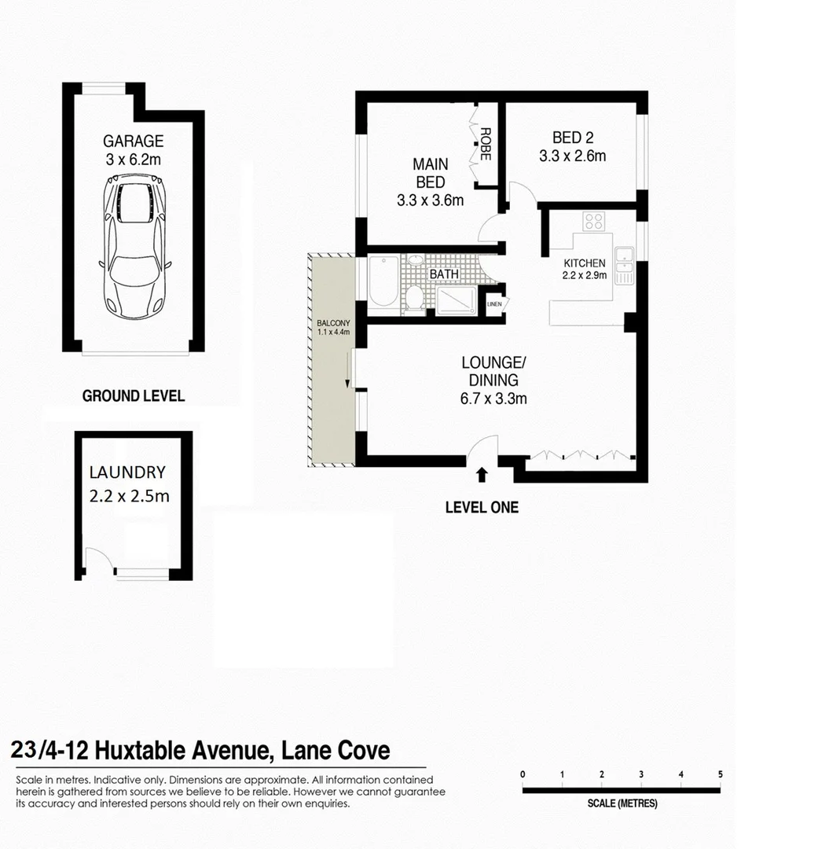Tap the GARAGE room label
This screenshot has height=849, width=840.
pos(134,141)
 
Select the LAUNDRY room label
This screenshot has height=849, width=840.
pos(127,472)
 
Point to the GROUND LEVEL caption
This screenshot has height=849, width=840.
pos(134,395)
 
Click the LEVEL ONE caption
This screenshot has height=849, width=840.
pos(482,508)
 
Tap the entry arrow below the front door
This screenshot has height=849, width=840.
pos(482,473)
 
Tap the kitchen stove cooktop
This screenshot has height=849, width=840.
pos(593,222)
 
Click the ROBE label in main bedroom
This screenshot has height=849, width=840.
pos(486,144)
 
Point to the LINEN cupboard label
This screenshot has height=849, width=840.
pos(494,304)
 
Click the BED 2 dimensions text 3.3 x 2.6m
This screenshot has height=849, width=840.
pos(572,156)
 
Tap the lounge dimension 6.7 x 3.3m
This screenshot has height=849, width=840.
pos(493,399)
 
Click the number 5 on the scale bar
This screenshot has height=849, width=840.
pos(720,774)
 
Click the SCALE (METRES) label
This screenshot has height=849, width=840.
pos(622,803)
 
